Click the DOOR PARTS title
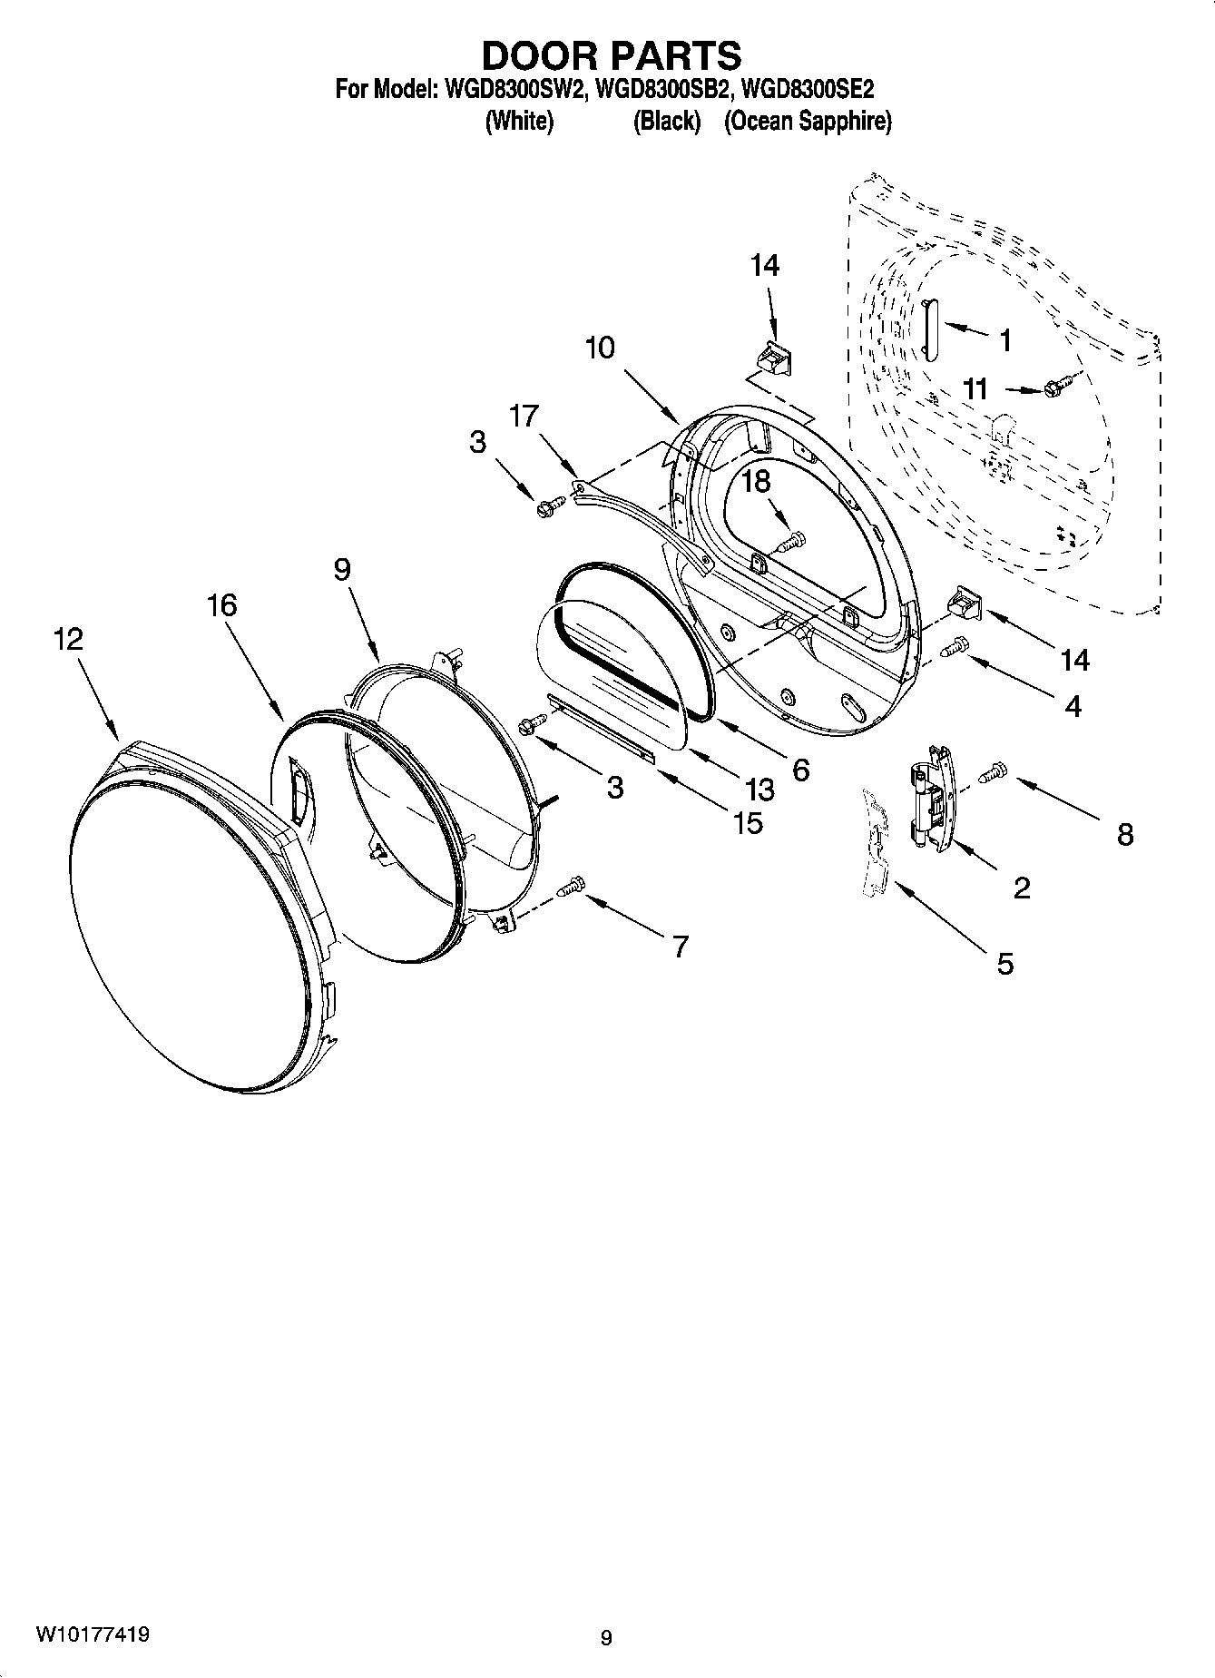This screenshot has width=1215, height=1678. (611, 56)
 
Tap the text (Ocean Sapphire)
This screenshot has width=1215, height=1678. (807, 122)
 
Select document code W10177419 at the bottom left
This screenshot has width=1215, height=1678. (93, 1634)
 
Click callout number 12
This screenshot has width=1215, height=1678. (68, 639)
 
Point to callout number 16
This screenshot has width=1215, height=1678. (222, 604)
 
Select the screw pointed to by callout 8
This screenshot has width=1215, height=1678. (995, 772)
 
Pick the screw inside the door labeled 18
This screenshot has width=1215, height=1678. (789, 542)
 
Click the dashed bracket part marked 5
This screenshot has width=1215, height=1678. (877, 843)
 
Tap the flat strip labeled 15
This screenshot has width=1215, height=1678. (600, 729)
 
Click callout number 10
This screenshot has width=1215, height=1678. (600, 348)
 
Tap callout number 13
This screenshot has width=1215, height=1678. (759, 789)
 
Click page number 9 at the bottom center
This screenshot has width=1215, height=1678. (606, 1637)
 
